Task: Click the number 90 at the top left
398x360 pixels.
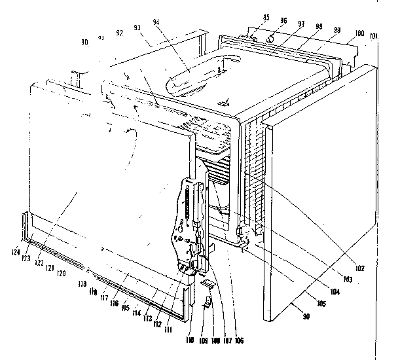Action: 84,43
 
